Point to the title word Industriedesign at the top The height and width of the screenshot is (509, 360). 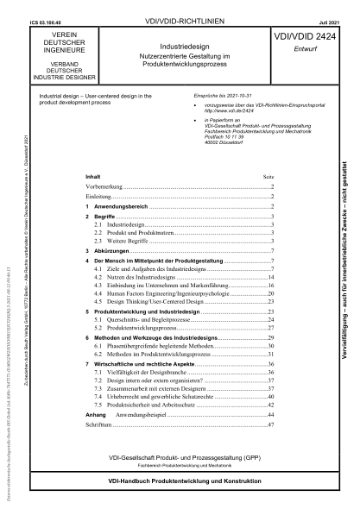pyautogui.click(x=180, y=41)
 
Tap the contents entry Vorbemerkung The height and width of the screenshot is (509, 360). pyautogui.click(x=98, y=185)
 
